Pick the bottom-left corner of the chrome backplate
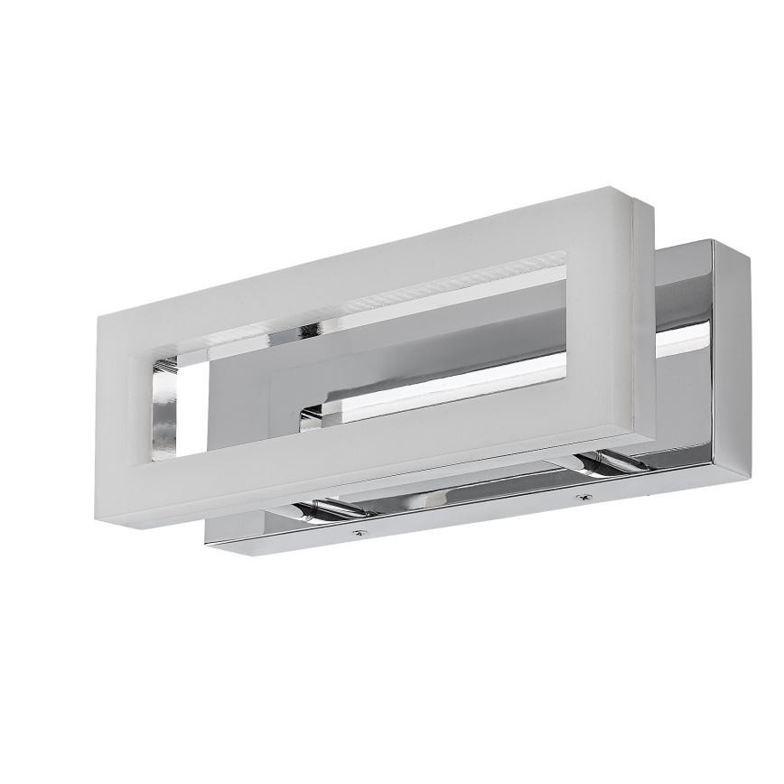208,541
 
